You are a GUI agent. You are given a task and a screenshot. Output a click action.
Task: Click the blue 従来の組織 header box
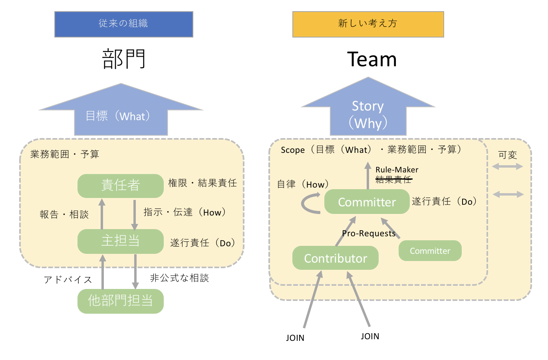(123, 24)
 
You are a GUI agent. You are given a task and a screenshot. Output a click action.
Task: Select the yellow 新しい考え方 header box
(368, 24)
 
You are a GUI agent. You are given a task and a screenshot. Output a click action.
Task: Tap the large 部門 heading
(124, 59)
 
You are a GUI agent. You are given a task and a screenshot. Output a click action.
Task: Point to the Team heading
(372, 59)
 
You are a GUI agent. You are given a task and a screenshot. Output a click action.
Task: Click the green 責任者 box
(120, 186)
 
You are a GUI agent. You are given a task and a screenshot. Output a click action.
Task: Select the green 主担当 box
(120, 241)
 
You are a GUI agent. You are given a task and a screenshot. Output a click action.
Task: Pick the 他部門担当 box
(120, 301)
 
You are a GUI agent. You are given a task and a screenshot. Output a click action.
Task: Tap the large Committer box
(367, 202)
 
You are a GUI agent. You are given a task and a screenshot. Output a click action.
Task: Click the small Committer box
(430, 251)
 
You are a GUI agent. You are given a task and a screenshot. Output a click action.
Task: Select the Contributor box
(335, 258)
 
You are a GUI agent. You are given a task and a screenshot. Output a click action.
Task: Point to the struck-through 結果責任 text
(393, 180)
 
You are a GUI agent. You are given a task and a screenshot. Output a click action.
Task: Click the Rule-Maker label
(397, 170)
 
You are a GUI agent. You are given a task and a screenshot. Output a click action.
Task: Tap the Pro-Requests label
(368, 233)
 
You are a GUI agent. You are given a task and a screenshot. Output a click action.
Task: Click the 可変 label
(507, 155)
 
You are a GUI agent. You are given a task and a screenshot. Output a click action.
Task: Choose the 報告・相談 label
(64, 215)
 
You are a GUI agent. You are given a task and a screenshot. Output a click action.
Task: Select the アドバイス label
(68, 280)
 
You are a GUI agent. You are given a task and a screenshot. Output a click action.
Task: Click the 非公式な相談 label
(179, 278)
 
